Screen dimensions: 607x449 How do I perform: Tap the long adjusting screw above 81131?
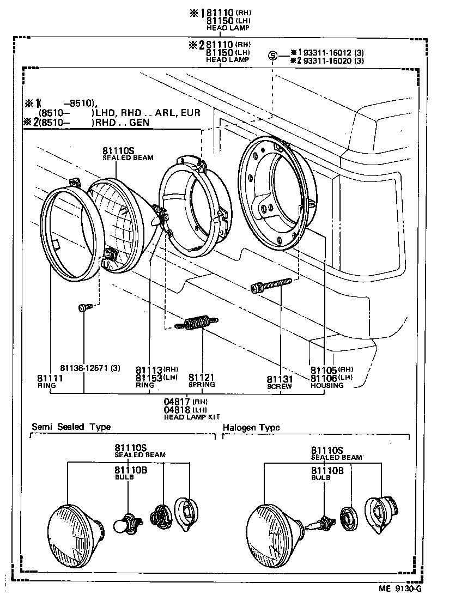(x=271, y=286)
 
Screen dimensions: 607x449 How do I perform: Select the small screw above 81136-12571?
(x=83, y=308)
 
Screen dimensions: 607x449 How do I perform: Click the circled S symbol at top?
(x=272, y=54)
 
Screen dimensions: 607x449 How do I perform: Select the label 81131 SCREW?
(x=280, y=381)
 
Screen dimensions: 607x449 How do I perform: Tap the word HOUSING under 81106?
(x=327, y=385)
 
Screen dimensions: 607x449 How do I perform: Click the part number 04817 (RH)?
(x=183, y=402)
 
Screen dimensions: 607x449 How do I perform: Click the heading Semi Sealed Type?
(x=71, y=427)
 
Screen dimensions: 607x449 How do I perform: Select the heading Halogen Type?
(x=251, y=427)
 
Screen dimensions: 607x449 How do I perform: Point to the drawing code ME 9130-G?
(x=401, y=588)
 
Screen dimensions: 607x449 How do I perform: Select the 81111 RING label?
(x=51, y=381)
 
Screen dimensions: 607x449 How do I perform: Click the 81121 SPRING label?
(x=202, y=380)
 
